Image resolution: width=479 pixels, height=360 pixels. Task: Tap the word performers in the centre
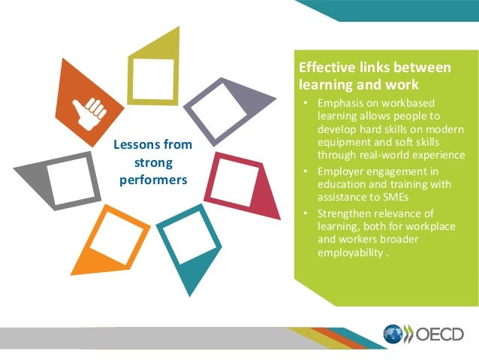point(153,180)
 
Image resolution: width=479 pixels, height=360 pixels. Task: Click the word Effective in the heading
point(324,68)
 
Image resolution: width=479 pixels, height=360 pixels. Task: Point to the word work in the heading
point(399,85)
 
